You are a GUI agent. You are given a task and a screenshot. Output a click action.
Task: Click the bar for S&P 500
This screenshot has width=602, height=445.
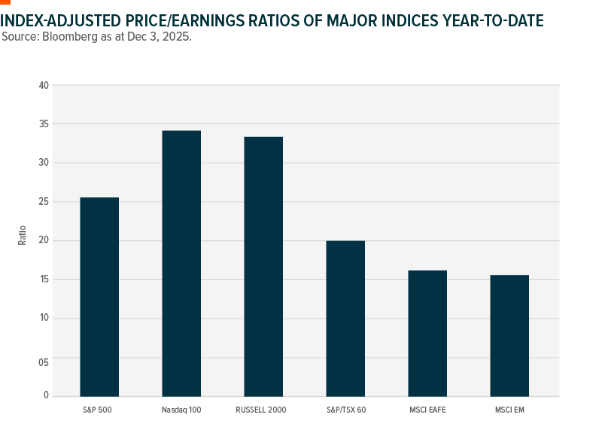(x=99, y=297)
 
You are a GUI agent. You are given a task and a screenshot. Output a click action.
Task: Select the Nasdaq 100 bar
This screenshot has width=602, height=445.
(x=181, y=264)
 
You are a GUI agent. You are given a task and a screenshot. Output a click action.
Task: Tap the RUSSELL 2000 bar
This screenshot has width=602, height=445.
(x=263, y=267)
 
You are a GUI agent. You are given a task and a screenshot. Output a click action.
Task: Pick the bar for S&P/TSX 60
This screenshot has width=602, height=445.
(x=345, y=319)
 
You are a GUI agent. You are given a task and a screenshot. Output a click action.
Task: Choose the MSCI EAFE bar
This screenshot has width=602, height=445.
(x=427, y=333)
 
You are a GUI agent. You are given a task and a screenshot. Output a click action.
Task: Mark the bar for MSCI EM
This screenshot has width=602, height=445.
(x=509, y=335)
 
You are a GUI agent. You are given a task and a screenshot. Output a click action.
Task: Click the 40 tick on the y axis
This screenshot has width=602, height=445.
(x=44, y=86)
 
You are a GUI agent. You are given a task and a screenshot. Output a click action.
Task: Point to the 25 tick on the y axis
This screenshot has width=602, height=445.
(x=44, y=202)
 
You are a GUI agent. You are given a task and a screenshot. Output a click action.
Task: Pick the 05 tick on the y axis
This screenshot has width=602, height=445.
(x=44, y=362)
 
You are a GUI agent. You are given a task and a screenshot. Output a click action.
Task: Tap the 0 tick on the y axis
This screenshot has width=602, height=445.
(x=46, y=395)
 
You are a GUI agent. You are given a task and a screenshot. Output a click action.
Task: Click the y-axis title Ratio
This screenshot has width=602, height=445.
(x=22, y=235)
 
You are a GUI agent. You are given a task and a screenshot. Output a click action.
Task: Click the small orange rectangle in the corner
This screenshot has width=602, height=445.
(x=5, y=2)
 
